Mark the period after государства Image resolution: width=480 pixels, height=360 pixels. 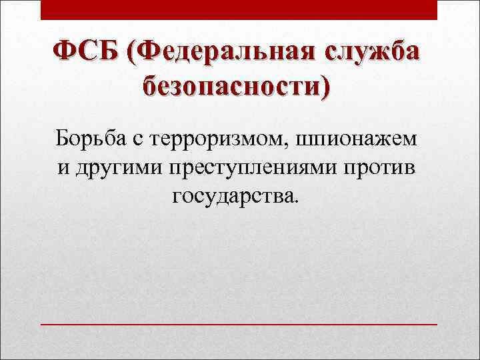pyautogui.click(x=298, y=201)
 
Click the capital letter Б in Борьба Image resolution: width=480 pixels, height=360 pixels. pyautogui.click(x=62, y=139)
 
